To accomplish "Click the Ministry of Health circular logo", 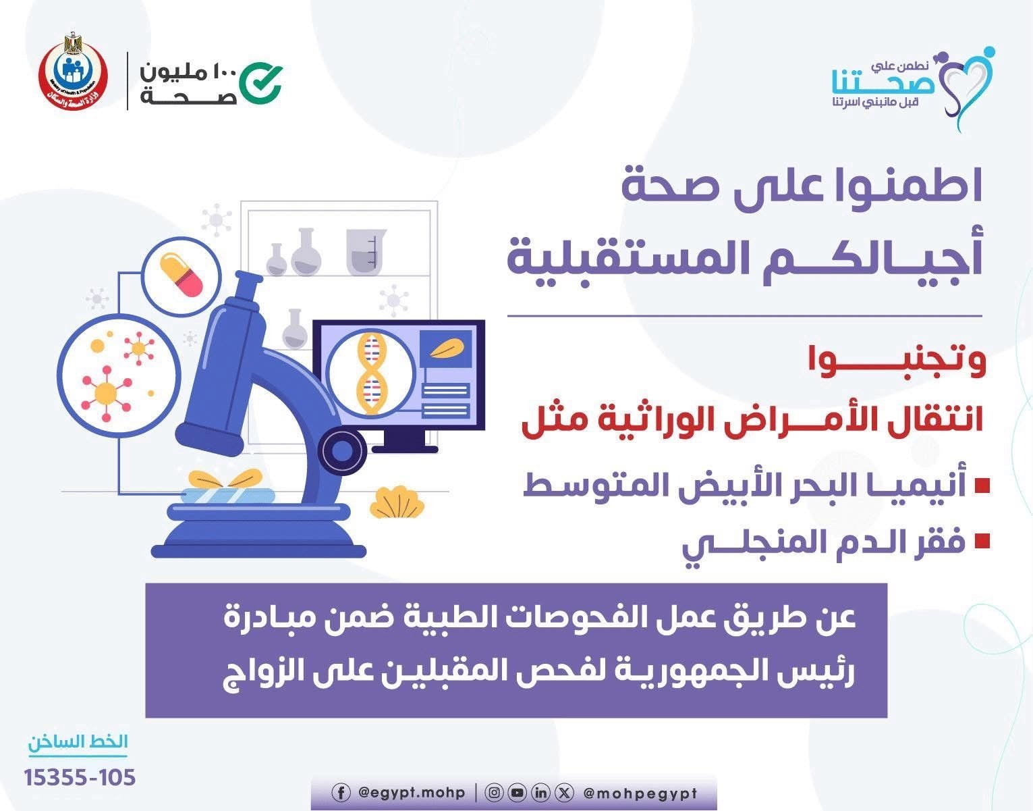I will tap(74, 73).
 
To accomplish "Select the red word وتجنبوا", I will tap(897, 361).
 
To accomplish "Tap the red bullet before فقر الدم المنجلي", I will tap(982, 541).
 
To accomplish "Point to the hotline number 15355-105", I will tap(80, 777).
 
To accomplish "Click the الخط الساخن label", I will tap(78, 741).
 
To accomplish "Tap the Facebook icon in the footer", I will tap(341, 793).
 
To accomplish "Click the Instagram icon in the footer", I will tap(494, 793).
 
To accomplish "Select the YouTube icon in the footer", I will tap(518, 793).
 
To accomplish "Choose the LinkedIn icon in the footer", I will tap(540, 793).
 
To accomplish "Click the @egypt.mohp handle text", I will tap(412, 793).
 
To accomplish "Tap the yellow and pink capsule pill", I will tap(181, 274).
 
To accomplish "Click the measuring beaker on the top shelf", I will tap(366, 251).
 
